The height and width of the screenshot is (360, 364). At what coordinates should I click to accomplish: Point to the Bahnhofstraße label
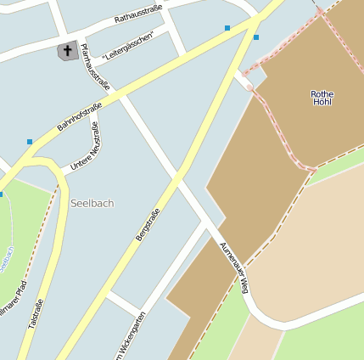point(80,116)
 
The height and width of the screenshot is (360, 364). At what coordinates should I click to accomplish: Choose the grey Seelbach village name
point(92,203)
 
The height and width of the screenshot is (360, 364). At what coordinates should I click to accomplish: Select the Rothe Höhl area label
point(322,98)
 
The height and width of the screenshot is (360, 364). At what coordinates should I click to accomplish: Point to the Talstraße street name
point(36,313)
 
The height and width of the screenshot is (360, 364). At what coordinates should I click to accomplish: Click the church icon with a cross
point(67,51)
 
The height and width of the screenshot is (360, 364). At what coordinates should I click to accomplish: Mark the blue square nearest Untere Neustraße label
point(30,142)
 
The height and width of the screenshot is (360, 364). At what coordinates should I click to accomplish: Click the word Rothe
point(322,93)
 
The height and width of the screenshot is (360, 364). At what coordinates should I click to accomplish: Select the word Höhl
point(322,102)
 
